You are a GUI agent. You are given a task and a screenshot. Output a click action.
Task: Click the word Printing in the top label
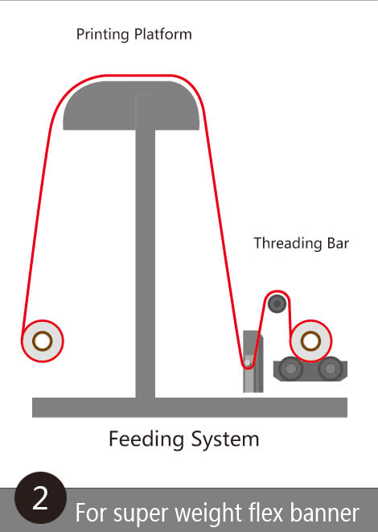pos(102,35)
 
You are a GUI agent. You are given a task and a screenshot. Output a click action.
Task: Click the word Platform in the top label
pos(163,34)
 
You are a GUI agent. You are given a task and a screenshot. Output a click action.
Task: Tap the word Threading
pos(288,244)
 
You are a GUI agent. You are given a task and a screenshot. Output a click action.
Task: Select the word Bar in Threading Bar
pos(338,243)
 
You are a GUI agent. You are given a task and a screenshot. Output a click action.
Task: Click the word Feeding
pos(146,439)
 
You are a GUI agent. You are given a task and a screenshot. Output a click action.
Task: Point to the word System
pos(225,439)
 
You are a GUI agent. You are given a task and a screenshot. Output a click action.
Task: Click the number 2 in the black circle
pos(40,498)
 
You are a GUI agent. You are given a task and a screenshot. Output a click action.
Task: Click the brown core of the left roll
pos(43,341)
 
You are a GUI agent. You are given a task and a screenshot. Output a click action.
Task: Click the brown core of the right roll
pos(310,341)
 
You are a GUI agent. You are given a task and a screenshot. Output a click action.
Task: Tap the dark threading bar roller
pos(277,303)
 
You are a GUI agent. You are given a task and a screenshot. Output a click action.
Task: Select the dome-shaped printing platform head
pos(131,105)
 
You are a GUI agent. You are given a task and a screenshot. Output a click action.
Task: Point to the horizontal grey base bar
pos(190,407)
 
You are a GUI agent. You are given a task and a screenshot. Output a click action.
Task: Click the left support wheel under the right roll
pos(290,369)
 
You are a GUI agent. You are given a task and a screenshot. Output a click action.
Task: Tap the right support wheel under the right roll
pos(330,369)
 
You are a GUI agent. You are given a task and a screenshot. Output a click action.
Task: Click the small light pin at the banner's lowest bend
pos(248,363)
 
